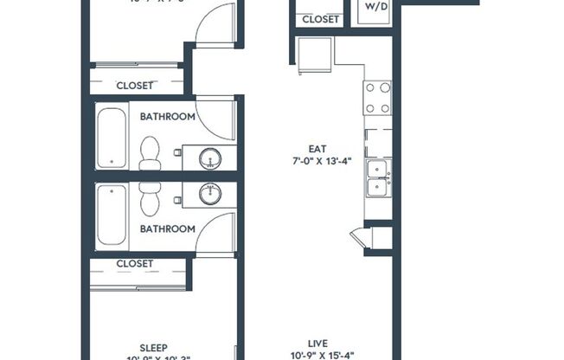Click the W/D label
[377, 6]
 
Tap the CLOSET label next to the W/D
[321, 18]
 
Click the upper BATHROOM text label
[167, 116]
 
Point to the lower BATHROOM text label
[167, 228]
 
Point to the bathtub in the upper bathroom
[111, 137]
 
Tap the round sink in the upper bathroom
[209, 157]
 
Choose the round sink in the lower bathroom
[209, 193]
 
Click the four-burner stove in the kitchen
[378, 98]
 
